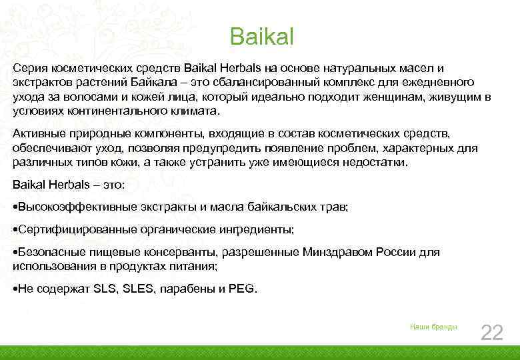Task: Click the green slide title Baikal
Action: [x=261, y=37]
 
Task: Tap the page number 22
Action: [x=491, y=331]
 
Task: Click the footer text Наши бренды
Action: [x=433, y=327]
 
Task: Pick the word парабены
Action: [x=188, y=289]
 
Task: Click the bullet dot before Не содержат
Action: [x=15, y=289]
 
